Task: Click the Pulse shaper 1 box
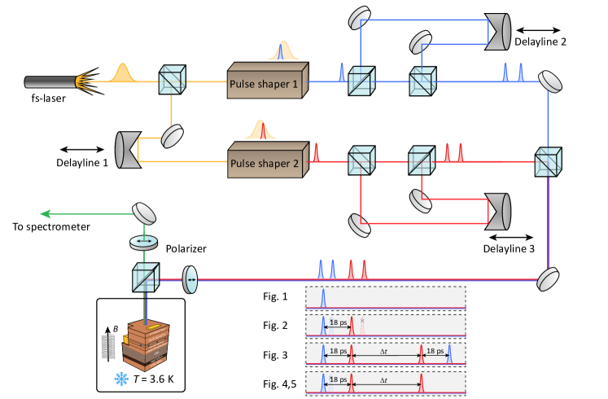[267, 81]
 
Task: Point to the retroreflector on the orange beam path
[128, 148]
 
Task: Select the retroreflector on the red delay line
[497, 210]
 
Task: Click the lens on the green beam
[144, 242]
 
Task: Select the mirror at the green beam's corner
[145, 213]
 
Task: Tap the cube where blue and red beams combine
[548, 161]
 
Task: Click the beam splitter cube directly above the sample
[146, 278]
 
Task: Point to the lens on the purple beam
[190, 278]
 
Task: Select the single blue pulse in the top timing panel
[323, 298]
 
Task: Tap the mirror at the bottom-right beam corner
[549, 279]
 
